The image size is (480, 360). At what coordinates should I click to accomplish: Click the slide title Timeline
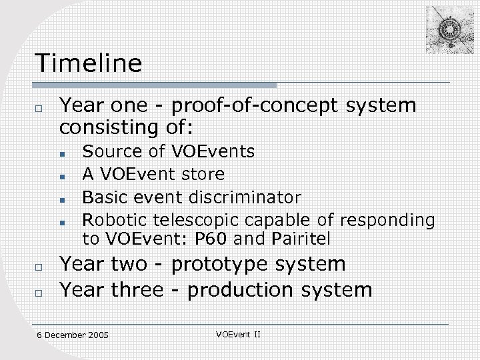[x=89, y=63]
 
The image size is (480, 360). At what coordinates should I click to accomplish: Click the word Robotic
[x=115, y=219]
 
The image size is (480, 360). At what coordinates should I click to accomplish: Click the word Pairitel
[x=301, y=238]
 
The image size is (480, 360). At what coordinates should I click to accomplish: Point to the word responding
[x=387, y=219]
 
